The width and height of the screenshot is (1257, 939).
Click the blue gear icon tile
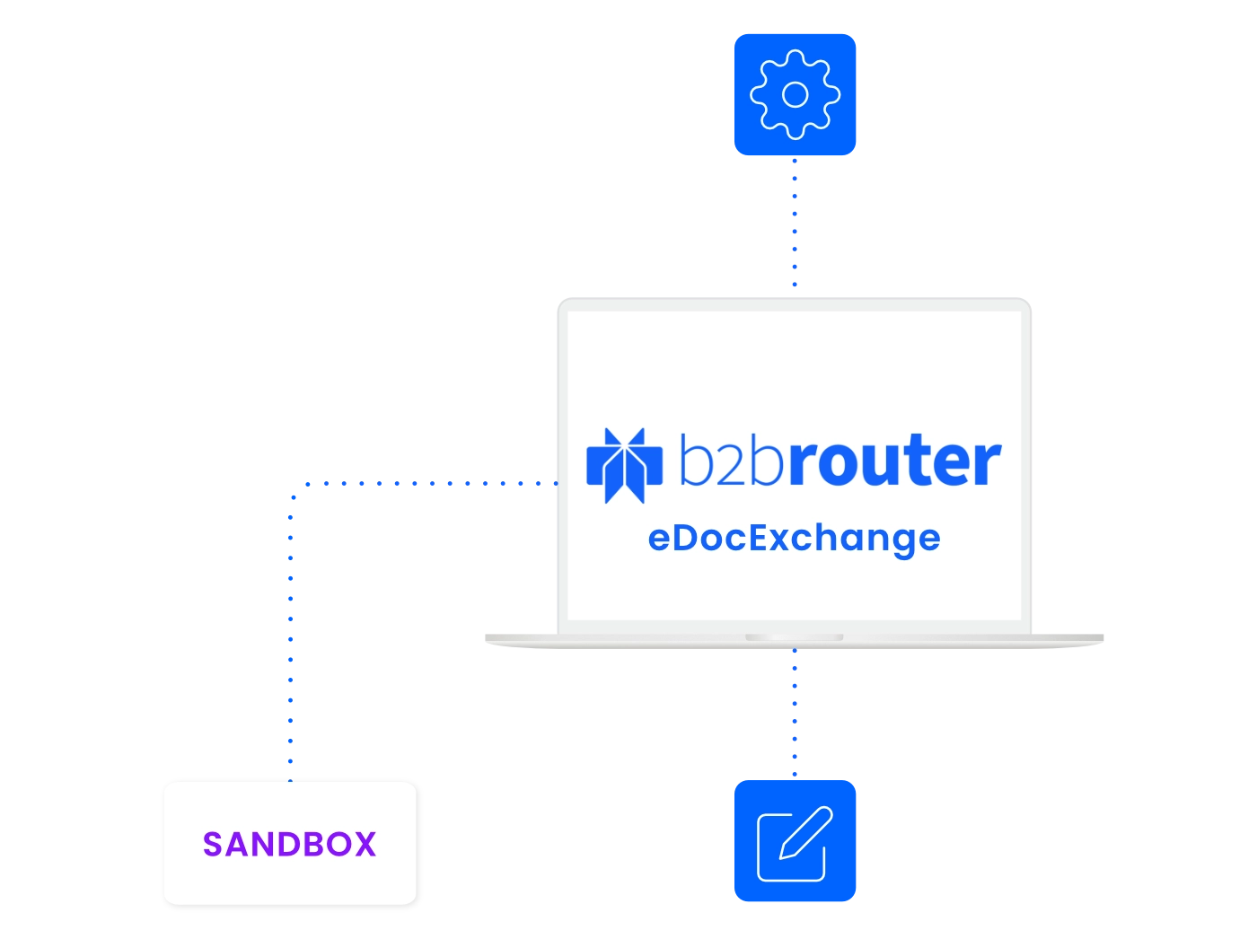point(795,94)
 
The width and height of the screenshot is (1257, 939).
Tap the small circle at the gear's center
point(795,94)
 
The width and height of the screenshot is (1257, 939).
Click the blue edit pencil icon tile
point(795,840)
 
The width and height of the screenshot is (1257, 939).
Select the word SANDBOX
point(290,844)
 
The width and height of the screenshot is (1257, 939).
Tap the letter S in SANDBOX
point(213,844)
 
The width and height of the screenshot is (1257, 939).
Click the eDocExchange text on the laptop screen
point(794,540)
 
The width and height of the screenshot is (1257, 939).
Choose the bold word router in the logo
point(896,460)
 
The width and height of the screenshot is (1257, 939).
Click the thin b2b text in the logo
point(731,459)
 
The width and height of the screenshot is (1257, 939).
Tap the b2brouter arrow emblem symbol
point(624,466)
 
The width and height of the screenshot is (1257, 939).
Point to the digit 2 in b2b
point(731,465)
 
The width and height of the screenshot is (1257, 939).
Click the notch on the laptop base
point(795,637)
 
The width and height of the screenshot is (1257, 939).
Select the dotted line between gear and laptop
point(795,222)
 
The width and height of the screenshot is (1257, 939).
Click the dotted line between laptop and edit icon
point(795,712)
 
